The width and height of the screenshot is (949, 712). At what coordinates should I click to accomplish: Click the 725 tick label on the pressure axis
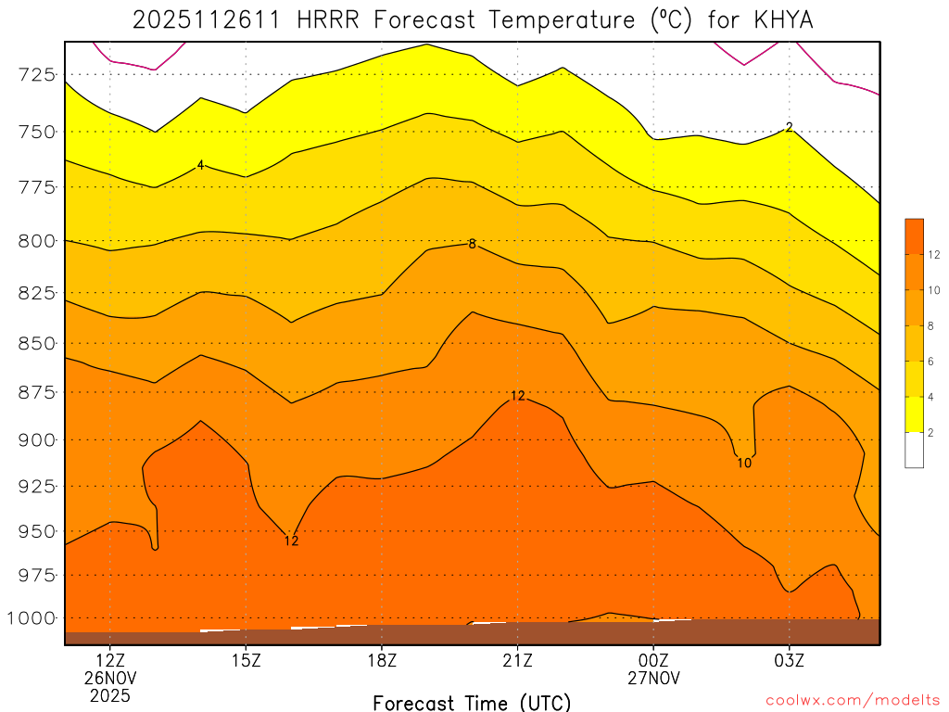point(37,74)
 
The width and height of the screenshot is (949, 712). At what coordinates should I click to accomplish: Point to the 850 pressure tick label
point(37,344)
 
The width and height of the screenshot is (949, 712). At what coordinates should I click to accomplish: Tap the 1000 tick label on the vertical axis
point(32,618)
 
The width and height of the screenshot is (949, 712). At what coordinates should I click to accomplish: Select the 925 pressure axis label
point(37,486)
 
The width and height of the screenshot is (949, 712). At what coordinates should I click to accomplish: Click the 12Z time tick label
point(110,661)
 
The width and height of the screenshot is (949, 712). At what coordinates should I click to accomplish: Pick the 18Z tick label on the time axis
point(382,661)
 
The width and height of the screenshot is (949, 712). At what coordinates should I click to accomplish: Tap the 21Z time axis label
point(517,661)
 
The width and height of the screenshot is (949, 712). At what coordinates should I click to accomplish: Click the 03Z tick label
point(789,661)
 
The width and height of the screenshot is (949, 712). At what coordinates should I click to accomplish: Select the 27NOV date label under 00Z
point(653,679)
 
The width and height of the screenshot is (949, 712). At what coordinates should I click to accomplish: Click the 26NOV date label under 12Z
point(110,679)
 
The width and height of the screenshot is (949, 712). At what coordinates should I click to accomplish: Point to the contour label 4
point(200,165)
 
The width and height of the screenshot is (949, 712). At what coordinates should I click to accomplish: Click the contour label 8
point(472,245)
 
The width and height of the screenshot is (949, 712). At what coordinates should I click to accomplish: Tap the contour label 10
point(744,463)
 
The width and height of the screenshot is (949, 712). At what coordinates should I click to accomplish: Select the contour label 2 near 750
point(789,127)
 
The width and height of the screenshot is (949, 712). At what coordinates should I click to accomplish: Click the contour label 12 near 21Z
point(517,396)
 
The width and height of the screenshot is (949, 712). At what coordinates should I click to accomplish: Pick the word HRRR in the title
point(331,19)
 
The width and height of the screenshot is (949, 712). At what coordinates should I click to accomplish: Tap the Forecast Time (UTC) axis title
point(472,702)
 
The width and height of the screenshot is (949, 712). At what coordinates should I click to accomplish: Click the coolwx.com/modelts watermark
point(853,699)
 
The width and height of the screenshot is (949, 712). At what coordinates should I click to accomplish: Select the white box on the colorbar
point(914,451)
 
